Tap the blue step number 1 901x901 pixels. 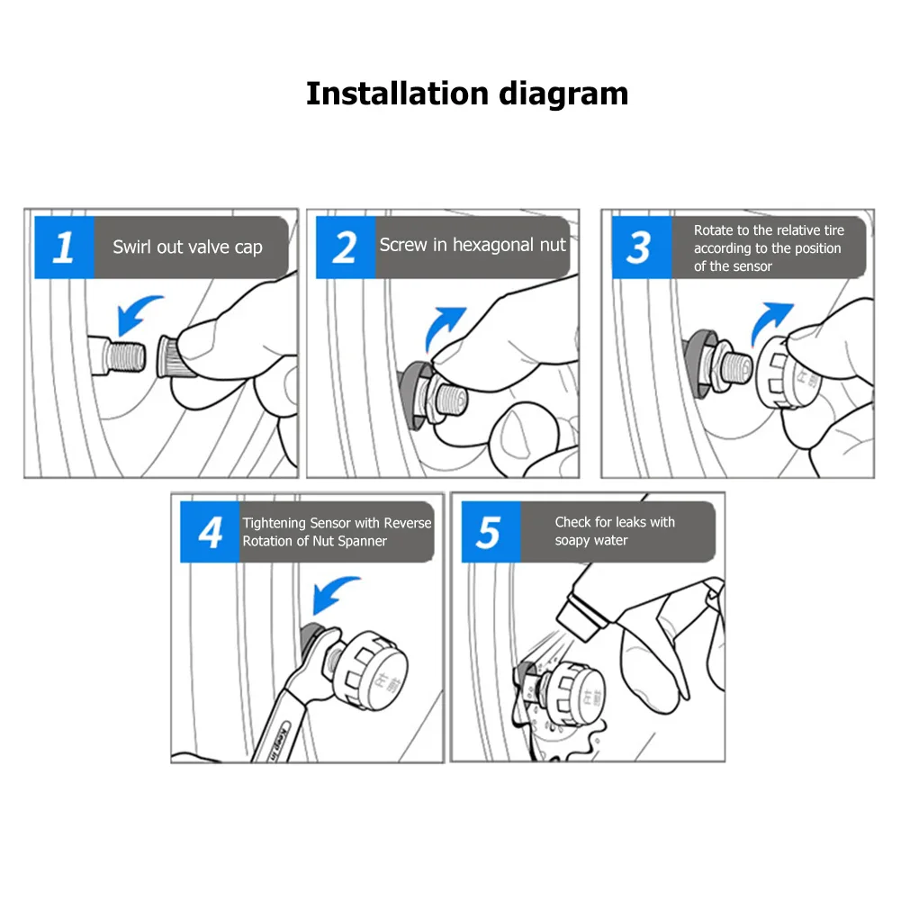tap(64, 248)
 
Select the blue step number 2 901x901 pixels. tap(346, 248)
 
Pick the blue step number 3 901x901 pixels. tap(641, 248)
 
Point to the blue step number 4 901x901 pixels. tap(210, 532)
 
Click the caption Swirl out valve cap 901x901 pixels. tap(187, 248)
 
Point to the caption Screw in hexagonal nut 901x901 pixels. tap(473, 245)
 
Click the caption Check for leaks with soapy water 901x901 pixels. tap(615, 531)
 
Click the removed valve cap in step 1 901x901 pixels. tap(173, 357)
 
